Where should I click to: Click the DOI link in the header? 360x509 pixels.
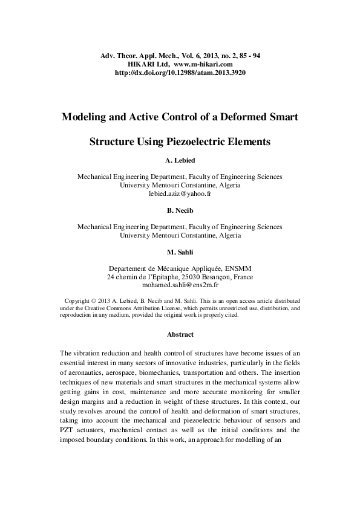coord(180,73)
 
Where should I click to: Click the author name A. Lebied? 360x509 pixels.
coord(180,161)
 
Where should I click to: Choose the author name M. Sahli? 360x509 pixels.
coord(180,251)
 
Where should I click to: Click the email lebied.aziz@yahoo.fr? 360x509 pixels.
coord(180,194)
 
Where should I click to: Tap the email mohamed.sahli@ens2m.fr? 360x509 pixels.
coord(180,284)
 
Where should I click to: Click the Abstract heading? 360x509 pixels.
coord(180,334)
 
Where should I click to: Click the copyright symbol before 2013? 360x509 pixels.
coord(94,300)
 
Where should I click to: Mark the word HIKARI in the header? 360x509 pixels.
coord(140,64)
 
